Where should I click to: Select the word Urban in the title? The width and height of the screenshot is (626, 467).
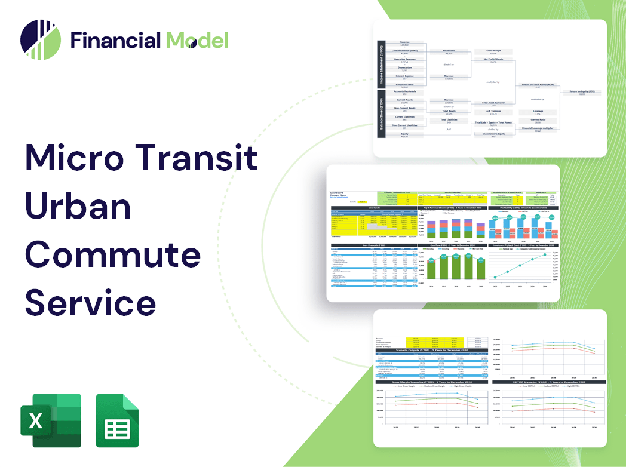click(x=78, y=206)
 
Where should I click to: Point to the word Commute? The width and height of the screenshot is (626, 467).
click(x=113, y=255)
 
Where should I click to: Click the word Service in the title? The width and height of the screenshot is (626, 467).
click(x=90, y=302)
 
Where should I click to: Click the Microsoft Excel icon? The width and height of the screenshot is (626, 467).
click(x=50, y=420)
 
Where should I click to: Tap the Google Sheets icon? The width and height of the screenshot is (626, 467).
click(x=117, y=420)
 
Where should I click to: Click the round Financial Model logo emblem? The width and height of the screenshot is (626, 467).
click(x=41, y=40)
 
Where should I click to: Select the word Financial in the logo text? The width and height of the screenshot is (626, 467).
click(x=116, y=40)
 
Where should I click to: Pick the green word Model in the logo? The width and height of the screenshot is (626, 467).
click(x=197, y=40)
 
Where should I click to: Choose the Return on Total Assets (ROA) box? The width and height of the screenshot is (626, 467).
click(x=537, y=87)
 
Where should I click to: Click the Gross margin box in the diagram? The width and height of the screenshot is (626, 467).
click(x=493, y=52)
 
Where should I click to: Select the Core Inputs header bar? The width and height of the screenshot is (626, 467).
click(x=375, y=208)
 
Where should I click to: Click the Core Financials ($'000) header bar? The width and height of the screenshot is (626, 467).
click(x=375, y=245)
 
